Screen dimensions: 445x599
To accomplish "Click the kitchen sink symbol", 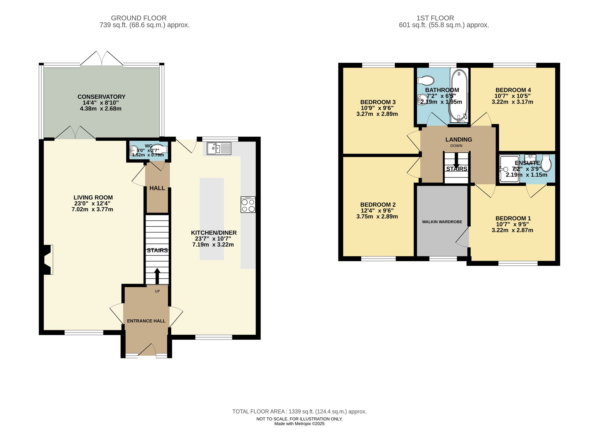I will tap(219, 148).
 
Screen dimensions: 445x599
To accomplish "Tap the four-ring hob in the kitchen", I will tap(248, 205).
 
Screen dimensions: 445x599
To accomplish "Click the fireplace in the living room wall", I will tap(47, 260).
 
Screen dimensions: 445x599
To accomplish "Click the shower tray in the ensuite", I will tap(509, 169).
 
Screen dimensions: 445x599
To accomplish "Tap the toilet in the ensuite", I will tap(546, 164).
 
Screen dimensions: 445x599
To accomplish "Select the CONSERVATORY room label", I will tap(101, 97).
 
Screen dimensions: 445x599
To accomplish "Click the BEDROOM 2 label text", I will tap(378, 205).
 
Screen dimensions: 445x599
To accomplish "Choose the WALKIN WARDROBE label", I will tap(442, 222).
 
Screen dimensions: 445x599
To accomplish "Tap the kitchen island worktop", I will tap(212, 219).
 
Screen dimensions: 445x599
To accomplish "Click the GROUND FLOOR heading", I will tap(139, 18).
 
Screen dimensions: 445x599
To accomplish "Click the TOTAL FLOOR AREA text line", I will tap(299, 412).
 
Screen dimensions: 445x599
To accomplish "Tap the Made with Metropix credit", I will tap(299, 424).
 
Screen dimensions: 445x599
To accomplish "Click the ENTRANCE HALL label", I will tap(146, 321).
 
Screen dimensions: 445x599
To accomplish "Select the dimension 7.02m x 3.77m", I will tap(92, 210).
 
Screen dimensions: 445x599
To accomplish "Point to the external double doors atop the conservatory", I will tap(102, 59).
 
